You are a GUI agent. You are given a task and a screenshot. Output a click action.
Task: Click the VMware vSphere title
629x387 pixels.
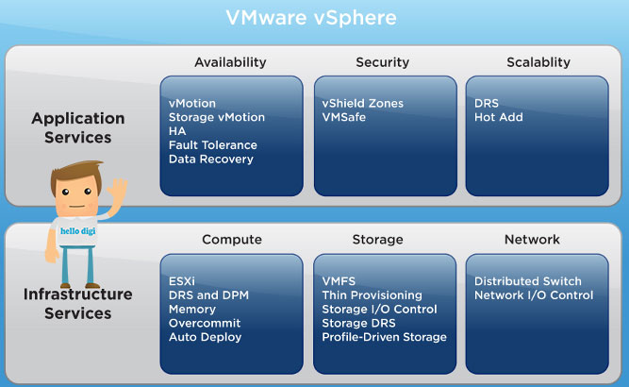tap(311, 18)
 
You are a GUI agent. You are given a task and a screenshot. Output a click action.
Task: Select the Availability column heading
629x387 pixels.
tap(230, 62)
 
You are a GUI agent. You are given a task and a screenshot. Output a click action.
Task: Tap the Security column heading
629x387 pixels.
tap(382, 62)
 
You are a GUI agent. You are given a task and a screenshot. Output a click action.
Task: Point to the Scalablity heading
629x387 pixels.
tap(538, 62)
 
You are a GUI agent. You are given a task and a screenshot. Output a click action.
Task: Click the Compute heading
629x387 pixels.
tap(232, 240)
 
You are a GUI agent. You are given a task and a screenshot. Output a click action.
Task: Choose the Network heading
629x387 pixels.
tap(532, 240)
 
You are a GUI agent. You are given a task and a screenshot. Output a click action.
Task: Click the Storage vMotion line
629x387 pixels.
tap(217, 117)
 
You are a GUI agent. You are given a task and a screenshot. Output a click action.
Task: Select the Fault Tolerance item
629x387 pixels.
tap(212, 145)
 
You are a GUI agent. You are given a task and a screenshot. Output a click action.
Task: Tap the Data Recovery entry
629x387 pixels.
tap(211, 160)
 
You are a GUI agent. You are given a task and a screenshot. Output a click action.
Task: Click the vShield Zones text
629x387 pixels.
tap(363, 103)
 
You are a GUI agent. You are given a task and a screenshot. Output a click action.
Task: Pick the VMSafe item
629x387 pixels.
tap(344, 117)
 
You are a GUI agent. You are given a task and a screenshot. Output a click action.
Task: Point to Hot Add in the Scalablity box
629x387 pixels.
tap(499, 117)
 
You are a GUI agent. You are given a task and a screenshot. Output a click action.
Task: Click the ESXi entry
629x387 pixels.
tap(182, 281)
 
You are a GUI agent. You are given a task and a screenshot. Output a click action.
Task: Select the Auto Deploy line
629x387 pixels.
tap(205, 337)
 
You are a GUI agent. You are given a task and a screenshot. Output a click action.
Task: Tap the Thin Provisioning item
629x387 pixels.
tap(372, 295)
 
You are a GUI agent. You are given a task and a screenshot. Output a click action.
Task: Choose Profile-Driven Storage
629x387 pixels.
tap(385, 337)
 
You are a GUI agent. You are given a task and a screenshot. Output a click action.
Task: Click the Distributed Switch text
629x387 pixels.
tap(528, 281)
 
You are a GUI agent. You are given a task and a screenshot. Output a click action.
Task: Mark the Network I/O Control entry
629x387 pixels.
tap(534, 295)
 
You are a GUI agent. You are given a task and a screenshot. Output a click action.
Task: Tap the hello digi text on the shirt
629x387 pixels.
tap(78, 231)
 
